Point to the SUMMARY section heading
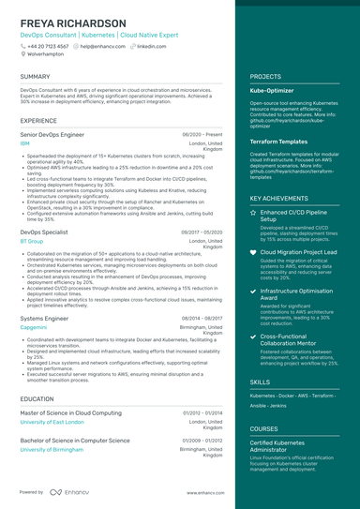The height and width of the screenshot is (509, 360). [x=35, y=77]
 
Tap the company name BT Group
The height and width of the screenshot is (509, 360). [x=31, y=241]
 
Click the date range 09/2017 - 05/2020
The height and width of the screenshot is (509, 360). [x=202, y=230]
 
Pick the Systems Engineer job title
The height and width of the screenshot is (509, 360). [x=45, y=319]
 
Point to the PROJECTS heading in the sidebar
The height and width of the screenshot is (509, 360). [x=267, y=77]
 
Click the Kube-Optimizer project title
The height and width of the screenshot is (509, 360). [x=273, y=91]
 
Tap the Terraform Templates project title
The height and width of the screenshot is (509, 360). [x=279, y=140]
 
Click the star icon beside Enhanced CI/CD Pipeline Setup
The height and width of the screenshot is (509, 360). [x=253, y=213]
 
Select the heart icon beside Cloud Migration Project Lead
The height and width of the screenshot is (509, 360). [x=253, y=253]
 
